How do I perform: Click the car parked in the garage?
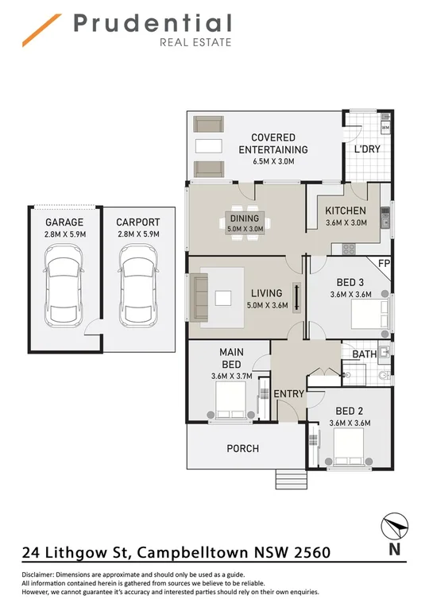(64, 285)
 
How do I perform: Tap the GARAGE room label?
(64, 222)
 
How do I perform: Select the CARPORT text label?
(137, 222)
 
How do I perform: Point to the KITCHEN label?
(346, 211)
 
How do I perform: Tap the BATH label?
(365, 354)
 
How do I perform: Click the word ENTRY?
(288, 394)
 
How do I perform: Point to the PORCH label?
(242, 449)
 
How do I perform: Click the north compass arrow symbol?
(394, 526)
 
